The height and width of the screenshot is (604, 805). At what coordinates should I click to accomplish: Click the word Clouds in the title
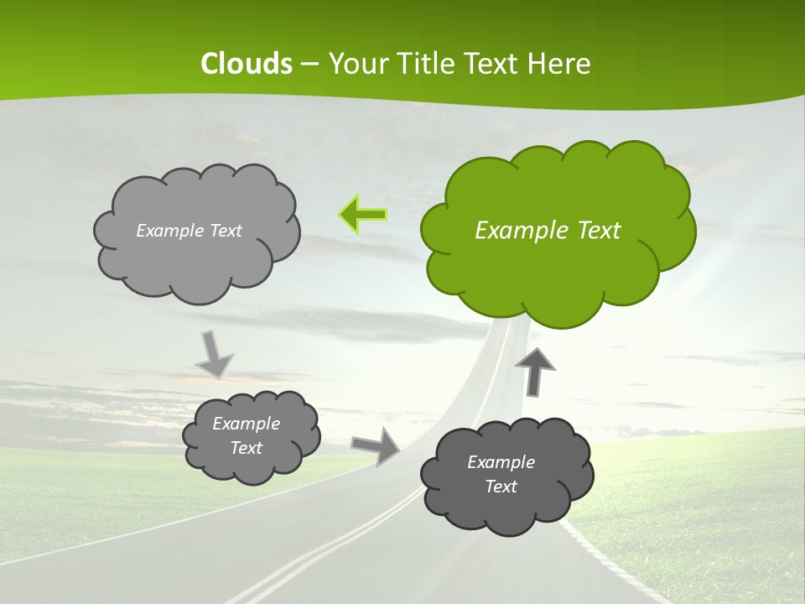click(246, 64)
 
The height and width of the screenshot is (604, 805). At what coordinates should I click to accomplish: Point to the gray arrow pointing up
click(535, 370)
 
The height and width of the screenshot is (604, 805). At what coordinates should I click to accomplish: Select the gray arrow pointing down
click(214, 353)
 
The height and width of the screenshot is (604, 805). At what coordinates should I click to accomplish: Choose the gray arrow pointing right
click(377, 445)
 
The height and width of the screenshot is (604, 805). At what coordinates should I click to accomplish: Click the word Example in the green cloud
click(514, 231)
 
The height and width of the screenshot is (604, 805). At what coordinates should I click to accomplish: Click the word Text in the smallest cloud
click(246, 448)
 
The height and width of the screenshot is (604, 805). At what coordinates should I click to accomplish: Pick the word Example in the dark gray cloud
click(501, 462)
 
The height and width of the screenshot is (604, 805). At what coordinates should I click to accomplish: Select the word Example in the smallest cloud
click(246, 424)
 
